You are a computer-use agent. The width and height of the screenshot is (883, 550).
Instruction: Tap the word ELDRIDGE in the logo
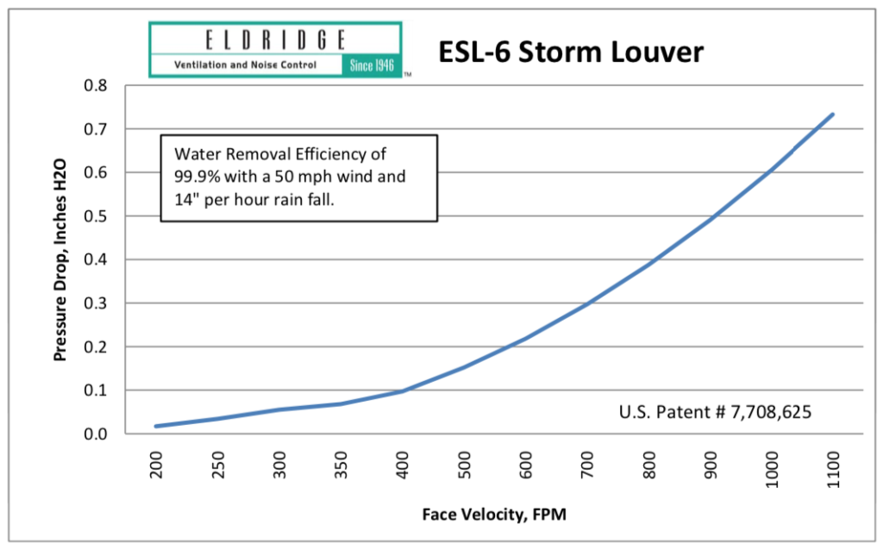click(276, 40)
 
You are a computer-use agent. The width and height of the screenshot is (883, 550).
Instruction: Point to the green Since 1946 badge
click(373, 66)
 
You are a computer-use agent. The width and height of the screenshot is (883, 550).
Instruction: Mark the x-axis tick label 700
click(586, 466)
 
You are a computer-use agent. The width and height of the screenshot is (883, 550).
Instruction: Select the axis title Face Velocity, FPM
click(494, 515)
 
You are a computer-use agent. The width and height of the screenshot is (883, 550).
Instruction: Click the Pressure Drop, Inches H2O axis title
click(60, 259)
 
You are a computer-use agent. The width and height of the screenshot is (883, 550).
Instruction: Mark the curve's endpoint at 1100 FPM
click(833, 114)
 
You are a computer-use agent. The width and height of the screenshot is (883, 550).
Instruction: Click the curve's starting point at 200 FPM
click(156, 426)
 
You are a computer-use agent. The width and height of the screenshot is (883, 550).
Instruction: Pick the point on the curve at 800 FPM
click(648, 264)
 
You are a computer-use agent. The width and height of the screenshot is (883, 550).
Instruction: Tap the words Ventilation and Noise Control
click(245, 66)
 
